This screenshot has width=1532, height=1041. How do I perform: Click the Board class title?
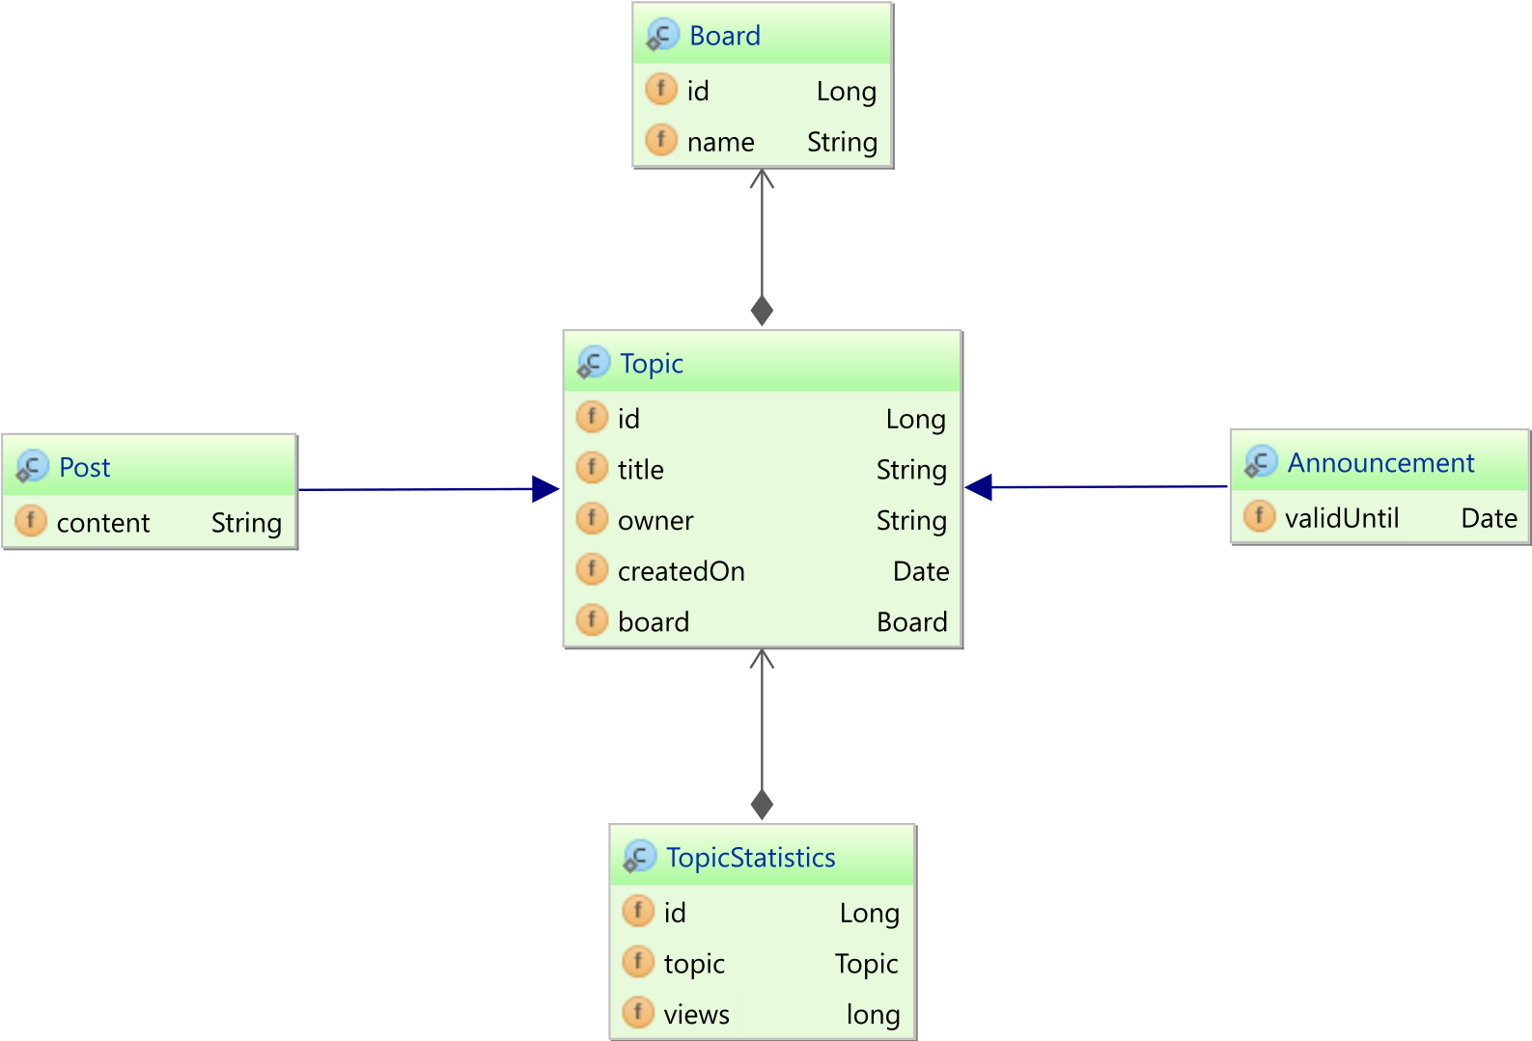724,36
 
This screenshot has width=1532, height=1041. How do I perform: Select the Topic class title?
651,364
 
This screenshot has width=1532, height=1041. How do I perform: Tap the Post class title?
84,468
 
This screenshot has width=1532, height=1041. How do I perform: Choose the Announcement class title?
1380,463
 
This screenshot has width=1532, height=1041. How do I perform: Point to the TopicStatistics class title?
750,858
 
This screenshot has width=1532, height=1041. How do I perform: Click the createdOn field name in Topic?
682,571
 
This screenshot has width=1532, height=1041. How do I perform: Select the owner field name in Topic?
655,521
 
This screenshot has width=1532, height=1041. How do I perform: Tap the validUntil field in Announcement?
1342,518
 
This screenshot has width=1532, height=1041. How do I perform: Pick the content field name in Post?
102,523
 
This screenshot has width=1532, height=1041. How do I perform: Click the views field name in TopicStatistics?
696,1015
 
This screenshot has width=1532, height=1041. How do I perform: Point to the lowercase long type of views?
873,1015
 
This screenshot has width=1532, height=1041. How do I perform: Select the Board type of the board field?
912,622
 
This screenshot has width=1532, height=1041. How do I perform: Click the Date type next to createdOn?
921,571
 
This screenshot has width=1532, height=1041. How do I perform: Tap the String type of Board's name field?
842,142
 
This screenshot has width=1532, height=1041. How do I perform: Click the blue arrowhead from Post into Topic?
545,489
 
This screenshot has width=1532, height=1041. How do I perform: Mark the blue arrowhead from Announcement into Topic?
979,487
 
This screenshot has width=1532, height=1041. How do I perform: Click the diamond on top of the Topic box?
762,311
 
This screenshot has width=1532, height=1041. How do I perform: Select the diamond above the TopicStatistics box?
762,805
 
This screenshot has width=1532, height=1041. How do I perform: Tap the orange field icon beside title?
593,468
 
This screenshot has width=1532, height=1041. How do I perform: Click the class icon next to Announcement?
1261,462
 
